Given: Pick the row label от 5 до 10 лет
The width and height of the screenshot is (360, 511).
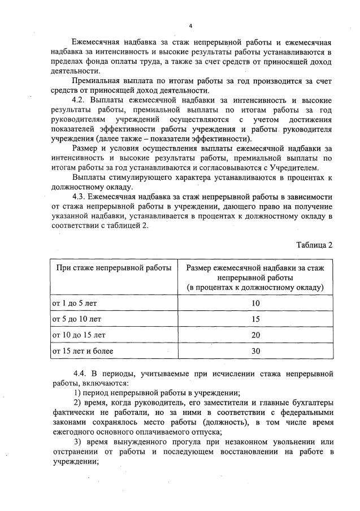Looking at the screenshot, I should (x=76, y=319).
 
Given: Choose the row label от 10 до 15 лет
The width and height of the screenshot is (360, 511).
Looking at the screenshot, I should (x=79, y=335).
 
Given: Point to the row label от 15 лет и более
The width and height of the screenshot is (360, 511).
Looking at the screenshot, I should (x=83, y=350).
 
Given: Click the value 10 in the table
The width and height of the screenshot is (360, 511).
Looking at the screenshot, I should (x=255, y=303).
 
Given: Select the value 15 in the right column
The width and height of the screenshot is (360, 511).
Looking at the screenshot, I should (x=255, y=319).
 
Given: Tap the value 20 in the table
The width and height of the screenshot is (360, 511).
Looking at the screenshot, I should (x=255, y=335).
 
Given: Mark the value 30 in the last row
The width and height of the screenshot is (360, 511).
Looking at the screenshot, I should (x=255, y=350).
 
